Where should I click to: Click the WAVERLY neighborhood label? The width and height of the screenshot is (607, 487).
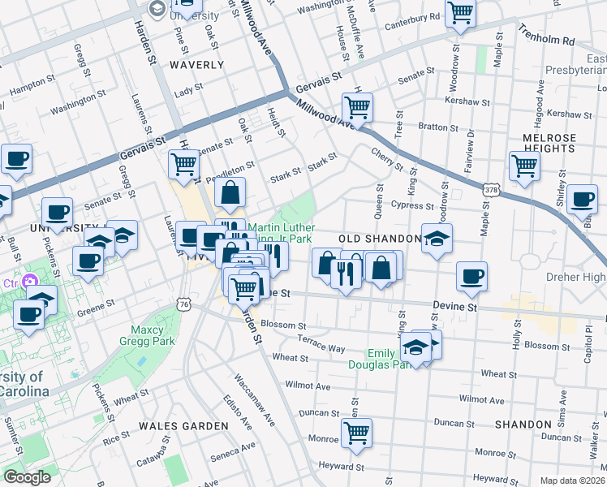click(x=196, y=64)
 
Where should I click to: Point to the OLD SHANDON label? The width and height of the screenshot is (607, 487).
click(x=380, y=239)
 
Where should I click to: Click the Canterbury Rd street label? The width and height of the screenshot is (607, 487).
click(x=413, y=16)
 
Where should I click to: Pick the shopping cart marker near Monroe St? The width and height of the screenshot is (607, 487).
click(x=356, y=433)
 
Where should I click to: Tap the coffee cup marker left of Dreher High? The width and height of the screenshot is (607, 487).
click(x=471, y=277)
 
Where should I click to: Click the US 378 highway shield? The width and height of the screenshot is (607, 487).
click(x=491, y=189)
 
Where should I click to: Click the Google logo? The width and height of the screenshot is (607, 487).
click(x=27, y=477)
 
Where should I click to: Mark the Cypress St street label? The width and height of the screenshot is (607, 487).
click(x=407, y=206)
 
